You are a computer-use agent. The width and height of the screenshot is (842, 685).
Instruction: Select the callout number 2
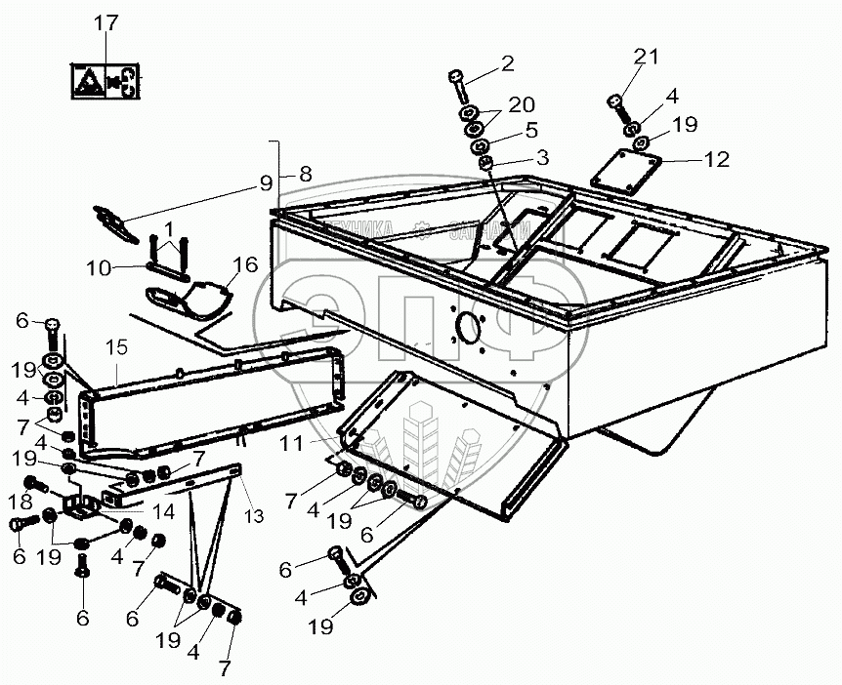pyautogui.click(x=507, y=65)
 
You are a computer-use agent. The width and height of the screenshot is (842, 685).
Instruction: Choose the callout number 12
pyautogui.click(x=717, y=159)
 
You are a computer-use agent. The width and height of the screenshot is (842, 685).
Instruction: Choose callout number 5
pyautogui.click(x=530, y=128)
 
